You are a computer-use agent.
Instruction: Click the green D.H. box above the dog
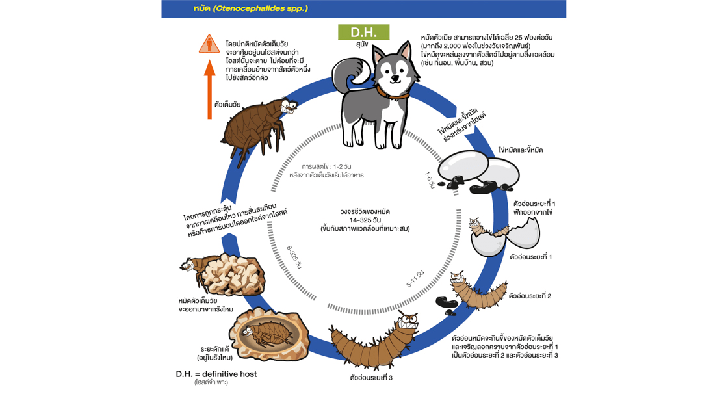(x=363, y=32)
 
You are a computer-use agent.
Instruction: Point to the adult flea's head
(x=286, y=107)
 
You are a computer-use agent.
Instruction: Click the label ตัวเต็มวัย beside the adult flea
(x=227, y=104)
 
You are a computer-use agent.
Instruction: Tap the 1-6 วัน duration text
(x=430, y=181)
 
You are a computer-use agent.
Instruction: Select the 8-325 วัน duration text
(x=294, y=257)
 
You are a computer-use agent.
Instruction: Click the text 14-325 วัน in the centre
(x=365, y=220)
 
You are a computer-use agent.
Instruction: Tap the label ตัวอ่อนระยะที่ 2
(x=530, y=296)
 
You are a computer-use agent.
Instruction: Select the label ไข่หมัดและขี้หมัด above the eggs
(x=521, y=150)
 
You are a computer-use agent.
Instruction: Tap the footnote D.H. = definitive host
(x=216, y=374)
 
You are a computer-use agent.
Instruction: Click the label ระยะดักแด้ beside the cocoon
(x=214, y=348)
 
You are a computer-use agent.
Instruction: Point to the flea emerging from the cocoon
(x=192, y=268)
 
